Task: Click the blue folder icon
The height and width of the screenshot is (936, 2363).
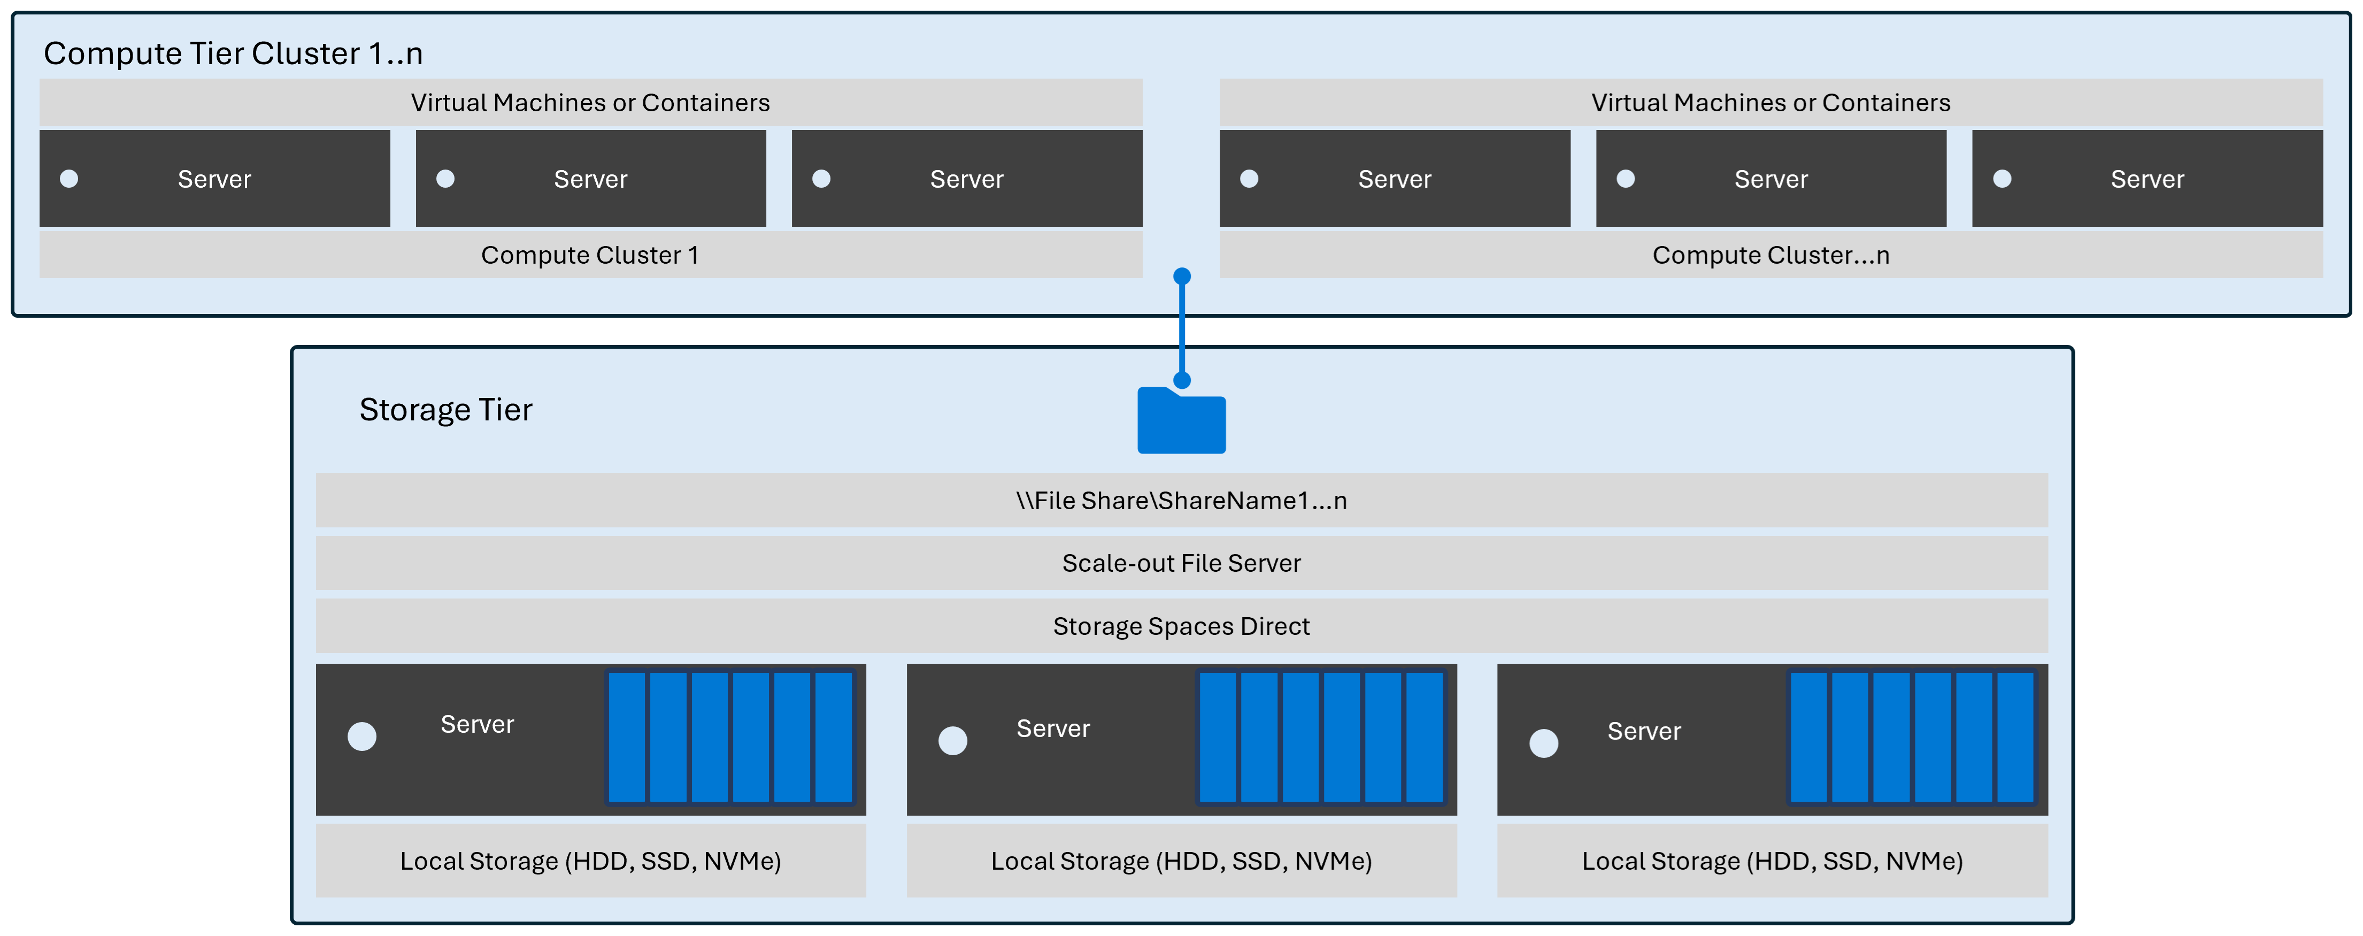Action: tap(1182, 422)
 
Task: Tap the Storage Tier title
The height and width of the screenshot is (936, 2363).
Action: tap(446, 409)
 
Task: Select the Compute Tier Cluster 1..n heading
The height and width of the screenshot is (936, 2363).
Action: tap(233, 53)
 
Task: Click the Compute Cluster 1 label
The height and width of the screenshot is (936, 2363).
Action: tap(590, 255)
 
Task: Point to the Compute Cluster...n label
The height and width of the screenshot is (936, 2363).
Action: tap(1771, 255)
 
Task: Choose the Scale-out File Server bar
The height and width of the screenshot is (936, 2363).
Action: tap(1182, 563)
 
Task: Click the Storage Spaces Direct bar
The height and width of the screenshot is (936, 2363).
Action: tap(1182, 626)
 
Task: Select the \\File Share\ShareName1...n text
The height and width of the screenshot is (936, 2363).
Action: tap(1182, 500)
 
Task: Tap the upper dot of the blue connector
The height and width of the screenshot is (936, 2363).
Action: tap(1182, 276)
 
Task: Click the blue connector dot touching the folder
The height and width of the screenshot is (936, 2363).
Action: tap(1182, 380)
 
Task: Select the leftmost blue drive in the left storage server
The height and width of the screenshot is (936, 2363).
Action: tap(627, 738)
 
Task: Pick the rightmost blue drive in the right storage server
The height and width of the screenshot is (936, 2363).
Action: tap(2015, 738)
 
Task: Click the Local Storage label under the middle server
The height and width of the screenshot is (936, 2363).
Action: tap(1182, 861)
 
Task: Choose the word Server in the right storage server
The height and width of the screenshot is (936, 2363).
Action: tap(1644, 731)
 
